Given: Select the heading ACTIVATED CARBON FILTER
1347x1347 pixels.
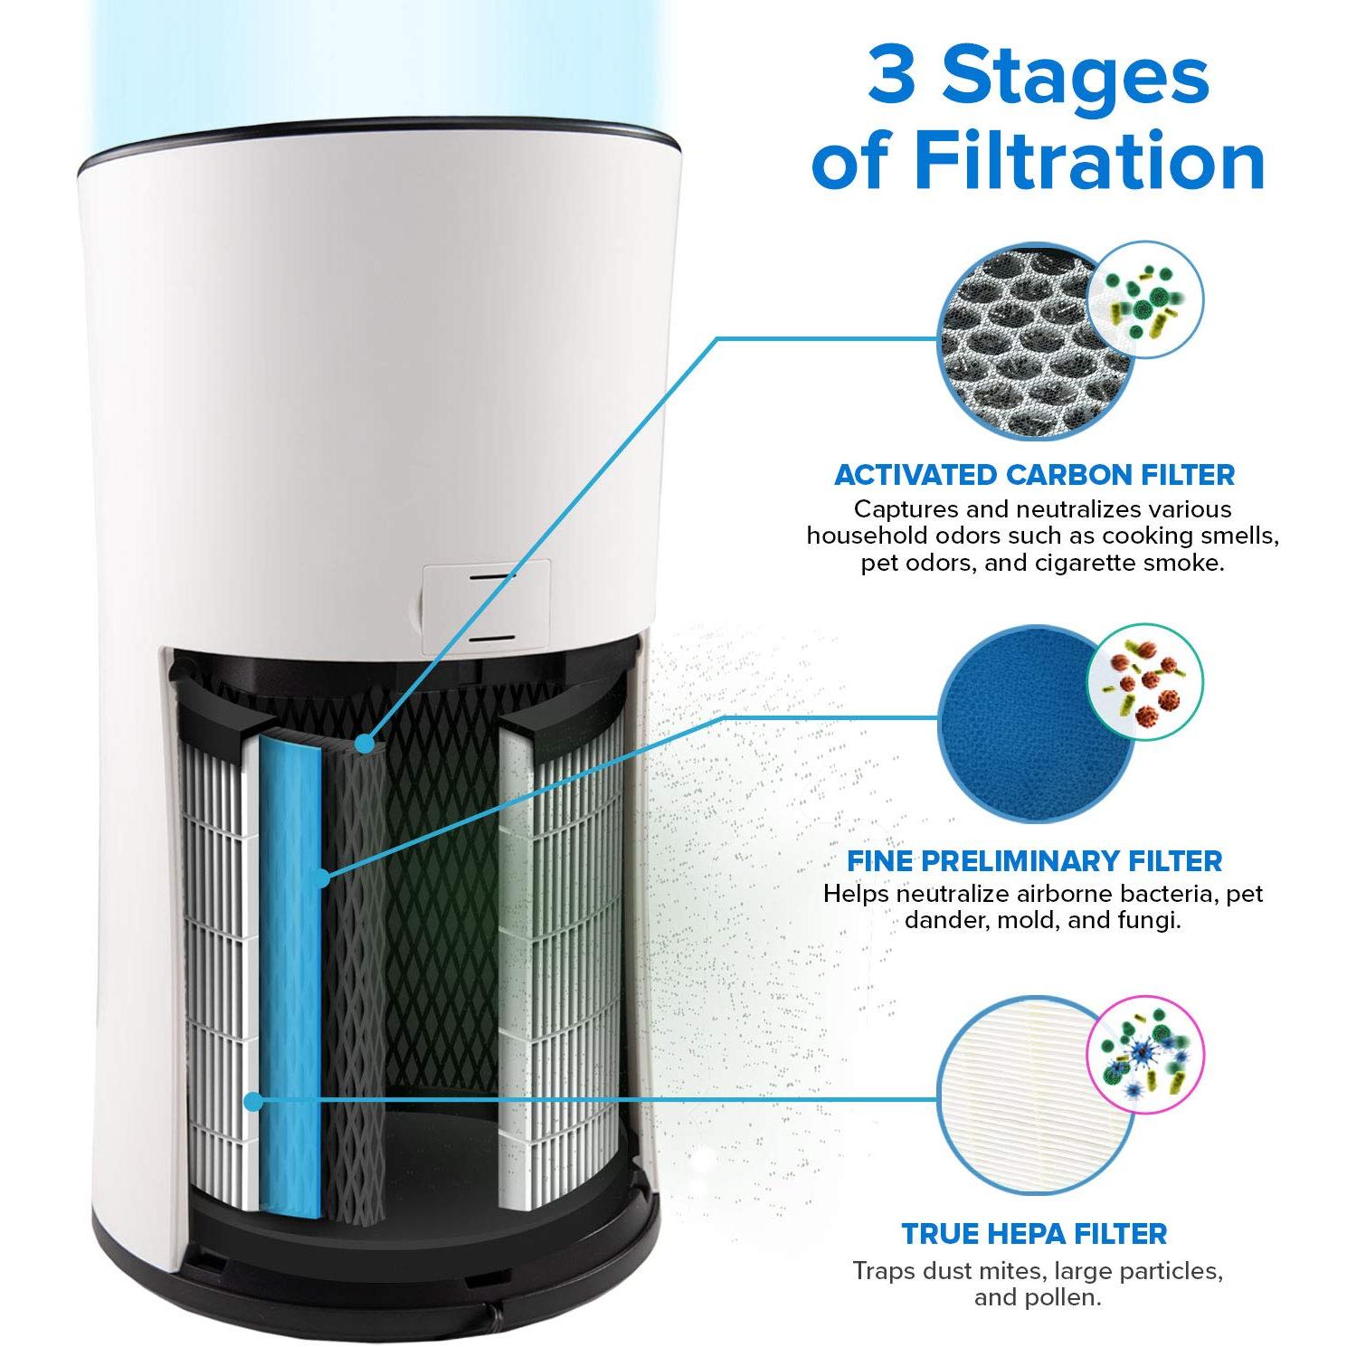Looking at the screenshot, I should [x=1034, y=475].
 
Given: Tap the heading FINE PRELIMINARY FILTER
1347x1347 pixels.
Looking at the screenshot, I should [x=1034, y=860].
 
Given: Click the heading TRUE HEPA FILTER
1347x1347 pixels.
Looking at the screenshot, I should [x=1034, y=1233].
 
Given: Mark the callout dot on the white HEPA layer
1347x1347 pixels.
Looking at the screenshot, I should [x=254, y=1101].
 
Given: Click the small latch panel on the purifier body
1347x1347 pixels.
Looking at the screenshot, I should [x=486, y=604].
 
